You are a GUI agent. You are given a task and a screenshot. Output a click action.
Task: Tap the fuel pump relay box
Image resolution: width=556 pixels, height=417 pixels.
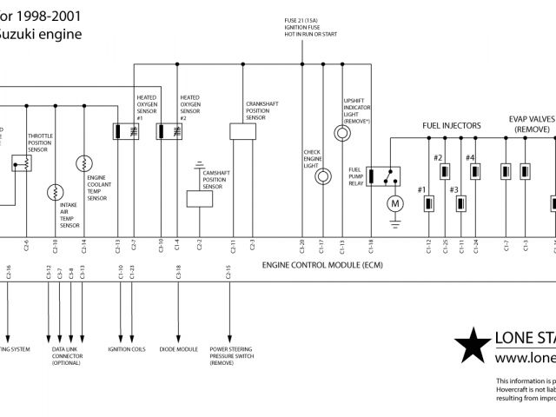[382, 175]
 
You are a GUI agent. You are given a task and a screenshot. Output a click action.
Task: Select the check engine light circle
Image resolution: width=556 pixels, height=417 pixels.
[321, 175]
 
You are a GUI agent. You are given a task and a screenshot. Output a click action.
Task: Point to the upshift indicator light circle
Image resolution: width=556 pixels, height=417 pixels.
[341, 133]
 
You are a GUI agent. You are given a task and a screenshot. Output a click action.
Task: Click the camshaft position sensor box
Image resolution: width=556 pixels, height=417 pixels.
[199, 198]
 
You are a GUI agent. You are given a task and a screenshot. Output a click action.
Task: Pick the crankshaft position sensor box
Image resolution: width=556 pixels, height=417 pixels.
[242, 131]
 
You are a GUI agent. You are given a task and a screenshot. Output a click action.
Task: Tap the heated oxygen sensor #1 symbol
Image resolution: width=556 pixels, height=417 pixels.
[122, 131]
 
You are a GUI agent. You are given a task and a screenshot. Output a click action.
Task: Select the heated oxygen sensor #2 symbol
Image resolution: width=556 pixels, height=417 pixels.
[165, 131]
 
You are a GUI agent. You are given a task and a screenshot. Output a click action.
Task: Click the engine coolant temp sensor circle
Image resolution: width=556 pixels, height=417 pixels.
[83, 163]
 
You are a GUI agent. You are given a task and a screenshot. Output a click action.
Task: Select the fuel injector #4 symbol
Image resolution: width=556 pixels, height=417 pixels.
[476, 171]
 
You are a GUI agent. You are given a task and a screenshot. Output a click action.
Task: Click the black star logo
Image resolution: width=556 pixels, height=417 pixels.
[472, 345]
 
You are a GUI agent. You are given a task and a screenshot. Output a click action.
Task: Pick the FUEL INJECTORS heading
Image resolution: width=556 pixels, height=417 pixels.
[452, 126]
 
